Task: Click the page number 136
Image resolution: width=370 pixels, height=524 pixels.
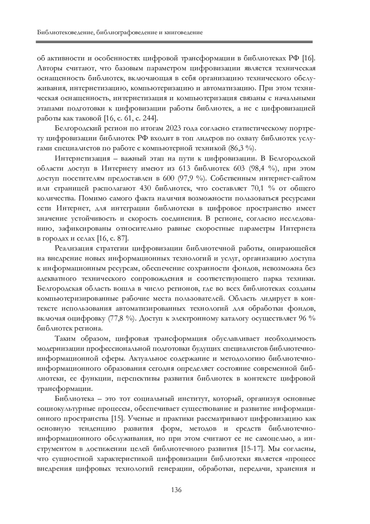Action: tap(176, 490)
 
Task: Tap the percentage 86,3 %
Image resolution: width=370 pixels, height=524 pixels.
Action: tap(241, 148)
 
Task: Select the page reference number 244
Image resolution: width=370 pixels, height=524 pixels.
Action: tap(149, 118)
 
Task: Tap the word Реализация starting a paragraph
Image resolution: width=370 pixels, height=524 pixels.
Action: tap(73, 248)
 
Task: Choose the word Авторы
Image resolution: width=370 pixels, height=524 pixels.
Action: tap(49, 68)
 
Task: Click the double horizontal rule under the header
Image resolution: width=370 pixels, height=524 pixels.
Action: tap(175, 42)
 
